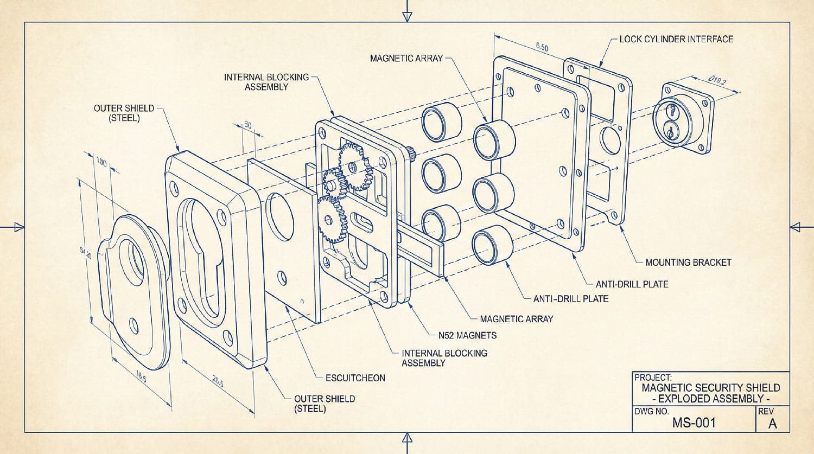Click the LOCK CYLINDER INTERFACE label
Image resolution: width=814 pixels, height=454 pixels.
tap(676, 39)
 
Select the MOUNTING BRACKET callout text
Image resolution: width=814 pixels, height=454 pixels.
tap(688, 263)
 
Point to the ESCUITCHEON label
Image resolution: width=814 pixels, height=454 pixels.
tap(355, 378)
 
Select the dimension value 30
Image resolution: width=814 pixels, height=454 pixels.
tap(248, 125)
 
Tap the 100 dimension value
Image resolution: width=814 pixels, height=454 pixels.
tap(101, 162)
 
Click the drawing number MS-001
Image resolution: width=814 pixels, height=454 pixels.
tap(694, 423)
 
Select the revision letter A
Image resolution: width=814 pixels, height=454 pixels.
tap(772, 424)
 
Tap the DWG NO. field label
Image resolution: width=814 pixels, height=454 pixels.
tap(651, 412)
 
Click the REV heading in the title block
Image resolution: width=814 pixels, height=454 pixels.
tap(766, 412)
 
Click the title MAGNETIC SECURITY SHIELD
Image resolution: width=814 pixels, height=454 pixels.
tap(710, 388)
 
